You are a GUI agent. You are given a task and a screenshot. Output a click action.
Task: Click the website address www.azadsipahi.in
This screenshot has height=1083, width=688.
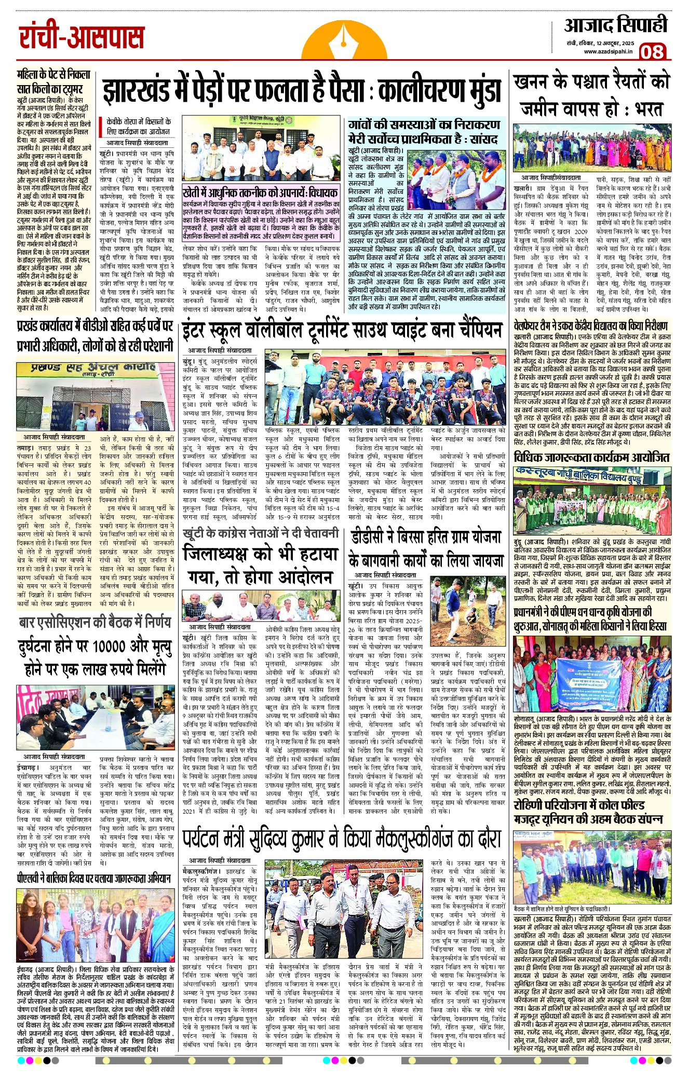(x=608, y=51)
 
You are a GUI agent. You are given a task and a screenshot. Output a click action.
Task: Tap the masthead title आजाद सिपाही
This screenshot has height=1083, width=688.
(x=615, y=25)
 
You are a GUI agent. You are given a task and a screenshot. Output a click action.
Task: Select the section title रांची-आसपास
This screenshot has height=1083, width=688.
(x=82, y=37)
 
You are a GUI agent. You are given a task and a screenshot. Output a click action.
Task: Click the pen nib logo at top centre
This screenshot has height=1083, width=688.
(x=343, y=38)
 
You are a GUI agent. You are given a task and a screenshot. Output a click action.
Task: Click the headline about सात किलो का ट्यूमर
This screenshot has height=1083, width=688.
(x=53, y=82)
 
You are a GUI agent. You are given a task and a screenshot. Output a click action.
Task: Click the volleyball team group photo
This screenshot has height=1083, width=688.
(x=385, y=387)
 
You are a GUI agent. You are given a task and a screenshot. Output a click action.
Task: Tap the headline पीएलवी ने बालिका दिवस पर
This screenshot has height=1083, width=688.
(x=93, y=879)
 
